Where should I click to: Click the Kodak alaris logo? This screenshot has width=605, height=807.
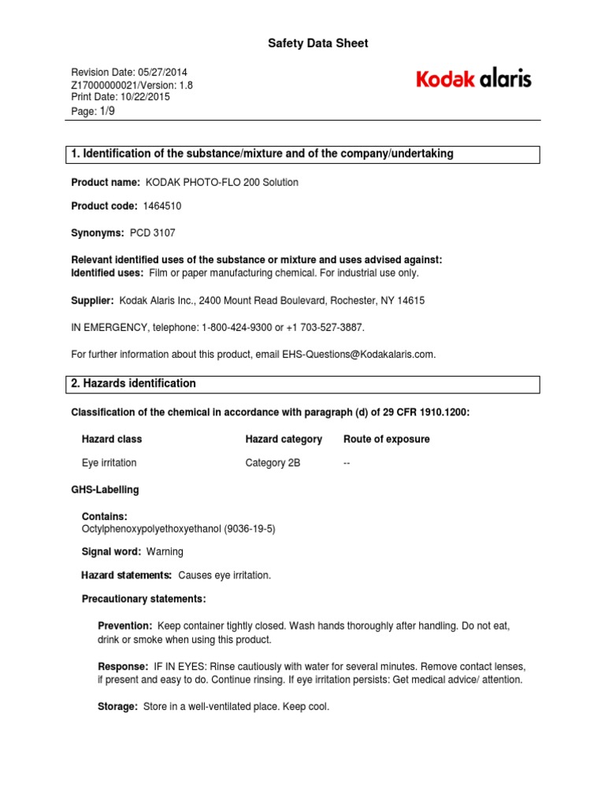coord(473,79)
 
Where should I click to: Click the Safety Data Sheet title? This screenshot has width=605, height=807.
coord(319,43)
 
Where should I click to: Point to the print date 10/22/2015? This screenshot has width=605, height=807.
coord(143,97)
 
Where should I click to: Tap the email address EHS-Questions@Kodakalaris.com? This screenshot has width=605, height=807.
coord(358,355)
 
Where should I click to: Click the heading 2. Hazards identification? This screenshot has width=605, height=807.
coord(134,384)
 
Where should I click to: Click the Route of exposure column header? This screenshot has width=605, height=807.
coord(387,439)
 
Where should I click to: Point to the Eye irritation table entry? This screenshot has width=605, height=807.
coord(109,463)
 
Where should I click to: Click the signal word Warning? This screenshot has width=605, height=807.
coord(165,552)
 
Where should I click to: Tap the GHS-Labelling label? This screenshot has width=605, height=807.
coord(105,489)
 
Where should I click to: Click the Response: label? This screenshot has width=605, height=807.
coord(122,666)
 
